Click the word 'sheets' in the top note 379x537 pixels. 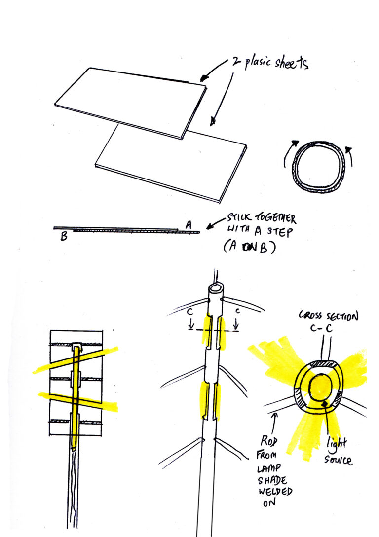pyautogui.click(x=291, y=63)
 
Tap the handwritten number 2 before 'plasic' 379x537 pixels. pyautogui.click(x=236, y=62)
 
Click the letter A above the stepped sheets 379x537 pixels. pyautogui.click(x=189, y=225)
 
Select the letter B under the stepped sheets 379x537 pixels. pyautogui.click(x=64, y=236)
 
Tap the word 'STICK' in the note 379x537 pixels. pyautogui.click(x=239, y=217)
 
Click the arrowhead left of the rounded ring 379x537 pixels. pyautogui.click(x=294, y=143)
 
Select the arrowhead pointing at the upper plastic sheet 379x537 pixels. pyautogui.click(x=204, y=77)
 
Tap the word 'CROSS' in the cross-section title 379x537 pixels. pyautogui.click(x=310, y=315)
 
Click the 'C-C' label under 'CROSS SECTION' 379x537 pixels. pyautogui.click(x=321, y=328)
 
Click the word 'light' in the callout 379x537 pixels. pyautogui.click(x=337, y=444)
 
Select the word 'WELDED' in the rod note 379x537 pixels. pyautogui.click(x=275, y=492)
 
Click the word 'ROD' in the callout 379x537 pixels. pyautogui.click(x=268, y=441)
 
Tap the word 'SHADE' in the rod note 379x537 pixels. pyautogui.click(x=272, y=480)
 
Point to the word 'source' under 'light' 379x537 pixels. pyautogui.click(x=338, y=459)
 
